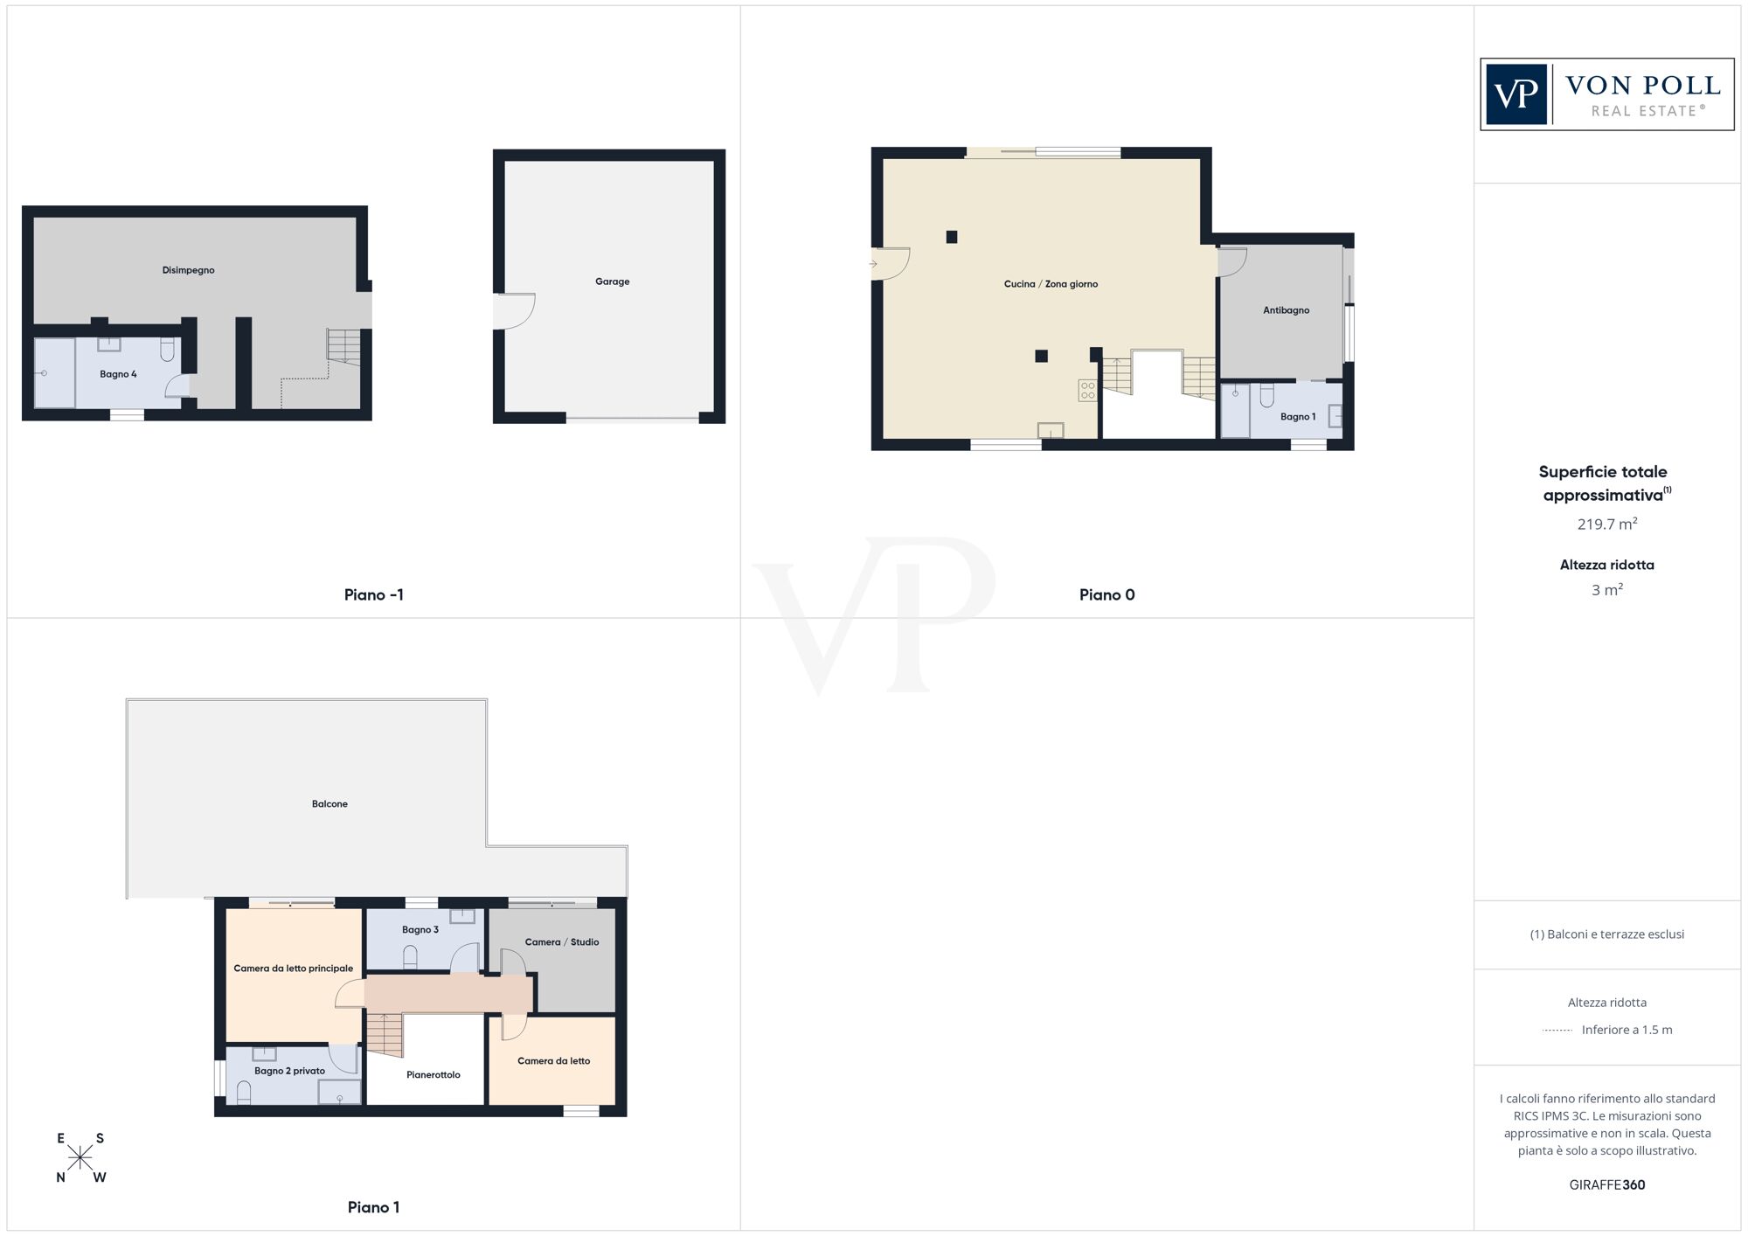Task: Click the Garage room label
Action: [x=612, y=281]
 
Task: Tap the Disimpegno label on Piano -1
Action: [x=188, y=270]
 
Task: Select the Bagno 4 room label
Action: [x=118, y=374]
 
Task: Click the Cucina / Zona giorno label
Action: [x=1051, y=284]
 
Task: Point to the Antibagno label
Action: [x=1286, y=310]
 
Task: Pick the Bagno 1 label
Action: [x=1298, y=417]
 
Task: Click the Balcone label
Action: [x=329, y=804]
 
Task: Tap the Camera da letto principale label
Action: [x=293, y=969]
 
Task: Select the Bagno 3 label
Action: [x=420, y=930]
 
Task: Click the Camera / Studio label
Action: [x=562, y=942]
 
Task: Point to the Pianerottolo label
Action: [x=433, y=1075]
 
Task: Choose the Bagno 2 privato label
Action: [x=289, y=1071]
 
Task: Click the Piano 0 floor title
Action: [x=1106, y=595]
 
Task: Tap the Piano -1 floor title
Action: [x=373, y=595]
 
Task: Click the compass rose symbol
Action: [x=80, y=1158]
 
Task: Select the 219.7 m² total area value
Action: [x=1606, y=524]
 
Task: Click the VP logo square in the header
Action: [x=1516, y=94]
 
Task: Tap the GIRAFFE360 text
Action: [x=1606, y=1185]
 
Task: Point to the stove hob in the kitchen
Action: [x=1087, y=391]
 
